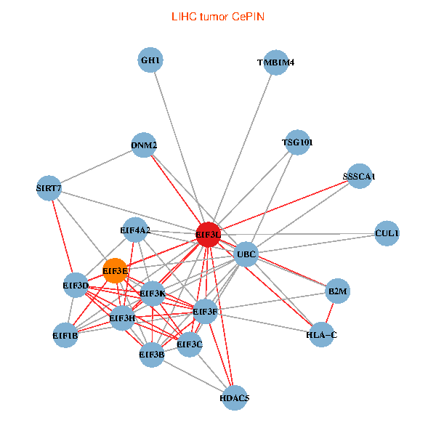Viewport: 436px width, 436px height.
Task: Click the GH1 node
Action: coord(150,60)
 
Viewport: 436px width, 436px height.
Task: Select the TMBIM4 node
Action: coord(276,62)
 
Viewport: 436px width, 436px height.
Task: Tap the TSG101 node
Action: coord(297,142)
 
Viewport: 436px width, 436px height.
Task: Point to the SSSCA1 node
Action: coord(359,177)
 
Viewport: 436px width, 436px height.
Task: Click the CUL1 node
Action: coord(387,233)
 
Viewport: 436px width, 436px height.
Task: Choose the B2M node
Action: coord(338,291)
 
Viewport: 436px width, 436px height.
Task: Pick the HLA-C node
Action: coord(321,335)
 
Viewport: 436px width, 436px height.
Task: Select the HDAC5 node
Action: coord(234,397)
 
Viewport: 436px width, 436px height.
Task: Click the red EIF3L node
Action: coord(208,234)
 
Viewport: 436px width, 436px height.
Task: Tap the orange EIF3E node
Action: coord(116,271)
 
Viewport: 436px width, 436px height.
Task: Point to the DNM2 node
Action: coord(144,145)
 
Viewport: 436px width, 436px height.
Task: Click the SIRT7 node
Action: coord(49,189)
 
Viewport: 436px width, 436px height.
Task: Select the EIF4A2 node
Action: coord(135,230)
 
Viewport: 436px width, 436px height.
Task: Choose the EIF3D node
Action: coord(76,286)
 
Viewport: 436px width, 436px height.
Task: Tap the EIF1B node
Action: coord(65,336)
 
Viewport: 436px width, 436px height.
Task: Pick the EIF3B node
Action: coord(151,355)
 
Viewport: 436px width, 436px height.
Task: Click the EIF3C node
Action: coord(190,344)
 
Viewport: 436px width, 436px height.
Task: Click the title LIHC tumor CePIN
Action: coord(217,15)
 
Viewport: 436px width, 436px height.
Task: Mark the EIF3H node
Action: coord(122,318)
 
